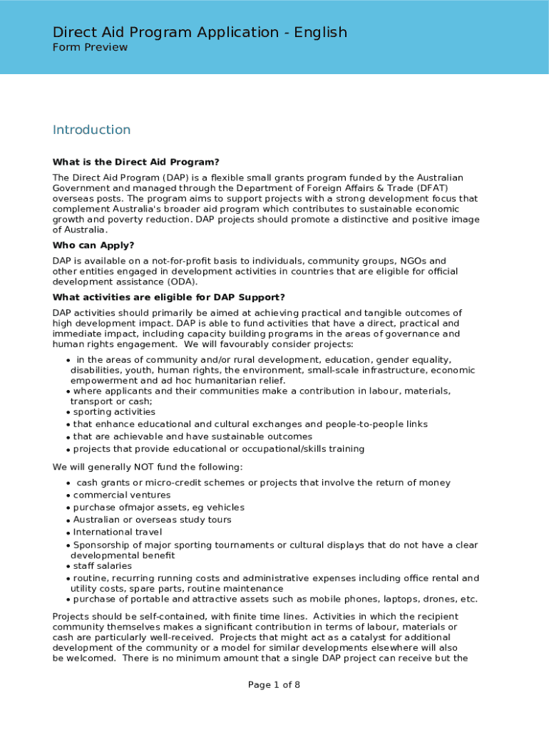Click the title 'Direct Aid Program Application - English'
(200, 32)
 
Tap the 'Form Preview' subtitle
(90, 47)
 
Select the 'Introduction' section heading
(91, 130)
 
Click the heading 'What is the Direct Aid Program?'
(135, 162)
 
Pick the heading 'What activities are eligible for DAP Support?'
(169, 297)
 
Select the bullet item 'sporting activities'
(114, 412)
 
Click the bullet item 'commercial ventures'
(122, 495)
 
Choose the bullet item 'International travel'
(118, 532)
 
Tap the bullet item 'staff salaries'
(103, 566)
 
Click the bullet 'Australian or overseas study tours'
(152, 520)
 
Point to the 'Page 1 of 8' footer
(274, 685)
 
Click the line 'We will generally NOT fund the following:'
(148, 467)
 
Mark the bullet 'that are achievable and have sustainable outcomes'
(193, 436)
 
